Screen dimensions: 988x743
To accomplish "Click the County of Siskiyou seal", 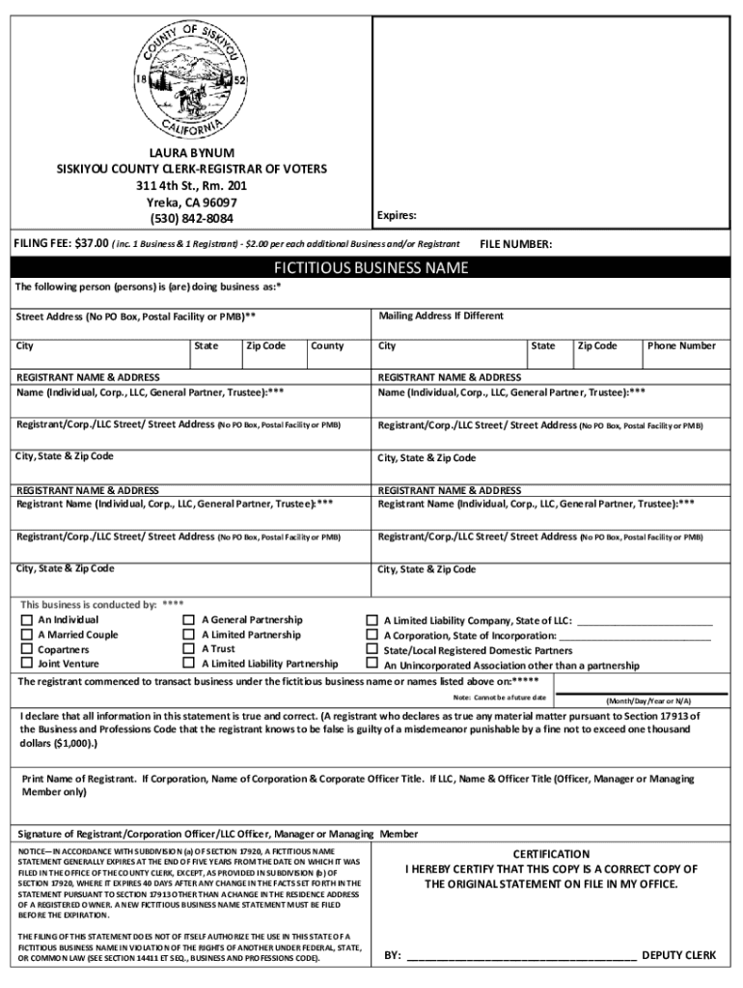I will pyautogui.click(x=191, y=80).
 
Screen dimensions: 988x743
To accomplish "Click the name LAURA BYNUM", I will pyautogui.click(x=191, y=153).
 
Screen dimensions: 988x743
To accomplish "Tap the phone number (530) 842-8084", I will pyautogui.click(x=191, y=219).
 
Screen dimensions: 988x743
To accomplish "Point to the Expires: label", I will pyautogui.click(x=397, y=215).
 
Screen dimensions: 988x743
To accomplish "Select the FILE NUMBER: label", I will pyautogui.click(x=516, y=245).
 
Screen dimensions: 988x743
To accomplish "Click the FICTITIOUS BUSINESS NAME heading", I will pyautogui.click(x=371, y=268).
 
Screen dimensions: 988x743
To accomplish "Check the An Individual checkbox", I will pyautogui.click(x=27, y=620).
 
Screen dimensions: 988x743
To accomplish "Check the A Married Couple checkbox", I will pyautogui.click(x=27, y=635).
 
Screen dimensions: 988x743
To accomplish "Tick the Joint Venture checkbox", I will pyautogui.click(x=27, y=664).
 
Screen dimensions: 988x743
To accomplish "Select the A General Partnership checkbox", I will pyautogui.click(x=189, y=620).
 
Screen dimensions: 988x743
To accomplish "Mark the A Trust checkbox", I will pyautogui.click(x=189, y=649).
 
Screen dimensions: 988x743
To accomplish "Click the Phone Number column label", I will pyautogui.click(x=681, y=345).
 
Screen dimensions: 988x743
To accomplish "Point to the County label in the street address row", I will pyautogui.click(x=327, y=345).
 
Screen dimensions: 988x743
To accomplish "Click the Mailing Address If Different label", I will pyautogui.click(x=441, y=316).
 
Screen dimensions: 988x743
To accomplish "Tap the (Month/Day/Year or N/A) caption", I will pyautogui.click(x=648, y=700).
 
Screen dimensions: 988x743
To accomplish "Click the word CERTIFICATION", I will pyautogui.click(x=551, y=854).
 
